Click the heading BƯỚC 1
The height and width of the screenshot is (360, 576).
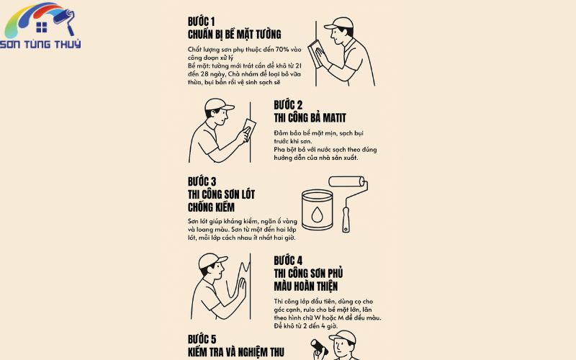pos(202,22)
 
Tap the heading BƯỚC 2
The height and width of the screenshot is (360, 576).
pos(288,105)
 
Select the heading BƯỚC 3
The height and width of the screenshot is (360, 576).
pos(202,181)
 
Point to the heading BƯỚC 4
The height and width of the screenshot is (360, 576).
pos(288,261)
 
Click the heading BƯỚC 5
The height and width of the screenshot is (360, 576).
pos(202,339)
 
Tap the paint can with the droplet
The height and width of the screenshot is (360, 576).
pos(317,210)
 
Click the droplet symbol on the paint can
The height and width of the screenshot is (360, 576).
pos(317,215)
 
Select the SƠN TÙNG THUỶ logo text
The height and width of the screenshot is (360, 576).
pos(40,44)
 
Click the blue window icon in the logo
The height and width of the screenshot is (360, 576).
pos(42,27)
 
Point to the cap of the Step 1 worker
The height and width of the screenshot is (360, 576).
pos(338,24)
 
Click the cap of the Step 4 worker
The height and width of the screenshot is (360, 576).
pos(212,260)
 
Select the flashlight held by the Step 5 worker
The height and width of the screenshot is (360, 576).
pos(319,347)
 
